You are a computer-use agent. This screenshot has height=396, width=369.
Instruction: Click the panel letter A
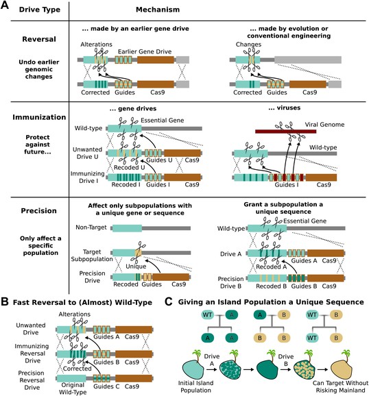[5, 5]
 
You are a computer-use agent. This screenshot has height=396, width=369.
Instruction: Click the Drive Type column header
[40, 10]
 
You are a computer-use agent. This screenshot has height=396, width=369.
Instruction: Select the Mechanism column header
[158, 10]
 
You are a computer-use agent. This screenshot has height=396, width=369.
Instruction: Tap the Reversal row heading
[39, 39]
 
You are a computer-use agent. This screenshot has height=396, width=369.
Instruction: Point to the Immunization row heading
[39, 117]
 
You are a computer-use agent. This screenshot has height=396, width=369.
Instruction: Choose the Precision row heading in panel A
[38, 210]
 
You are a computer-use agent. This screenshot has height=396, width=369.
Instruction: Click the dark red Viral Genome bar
[285, 132]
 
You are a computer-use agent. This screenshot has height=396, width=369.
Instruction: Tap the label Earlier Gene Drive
[145, 51]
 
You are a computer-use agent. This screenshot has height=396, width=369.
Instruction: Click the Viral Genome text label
[324, 125]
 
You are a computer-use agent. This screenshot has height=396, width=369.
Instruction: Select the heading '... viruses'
[284, 108]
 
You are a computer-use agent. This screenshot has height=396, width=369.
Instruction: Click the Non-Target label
[91, 227]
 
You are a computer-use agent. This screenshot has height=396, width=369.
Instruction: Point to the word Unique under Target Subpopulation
[136, 267]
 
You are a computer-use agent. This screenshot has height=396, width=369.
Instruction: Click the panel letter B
[5, 302]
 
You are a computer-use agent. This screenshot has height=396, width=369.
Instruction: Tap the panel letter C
[169, 302]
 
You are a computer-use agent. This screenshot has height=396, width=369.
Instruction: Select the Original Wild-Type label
[73, 388]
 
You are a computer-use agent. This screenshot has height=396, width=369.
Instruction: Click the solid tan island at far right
[341, 369]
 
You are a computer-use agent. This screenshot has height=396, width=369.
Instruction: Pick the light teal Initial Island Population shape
[193, 369]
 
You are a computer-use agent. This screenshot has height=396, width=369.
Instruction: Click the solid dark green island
[267, 369]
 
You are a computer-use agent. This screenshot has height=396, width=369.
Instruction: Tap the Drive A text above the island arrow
[212, 360]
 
